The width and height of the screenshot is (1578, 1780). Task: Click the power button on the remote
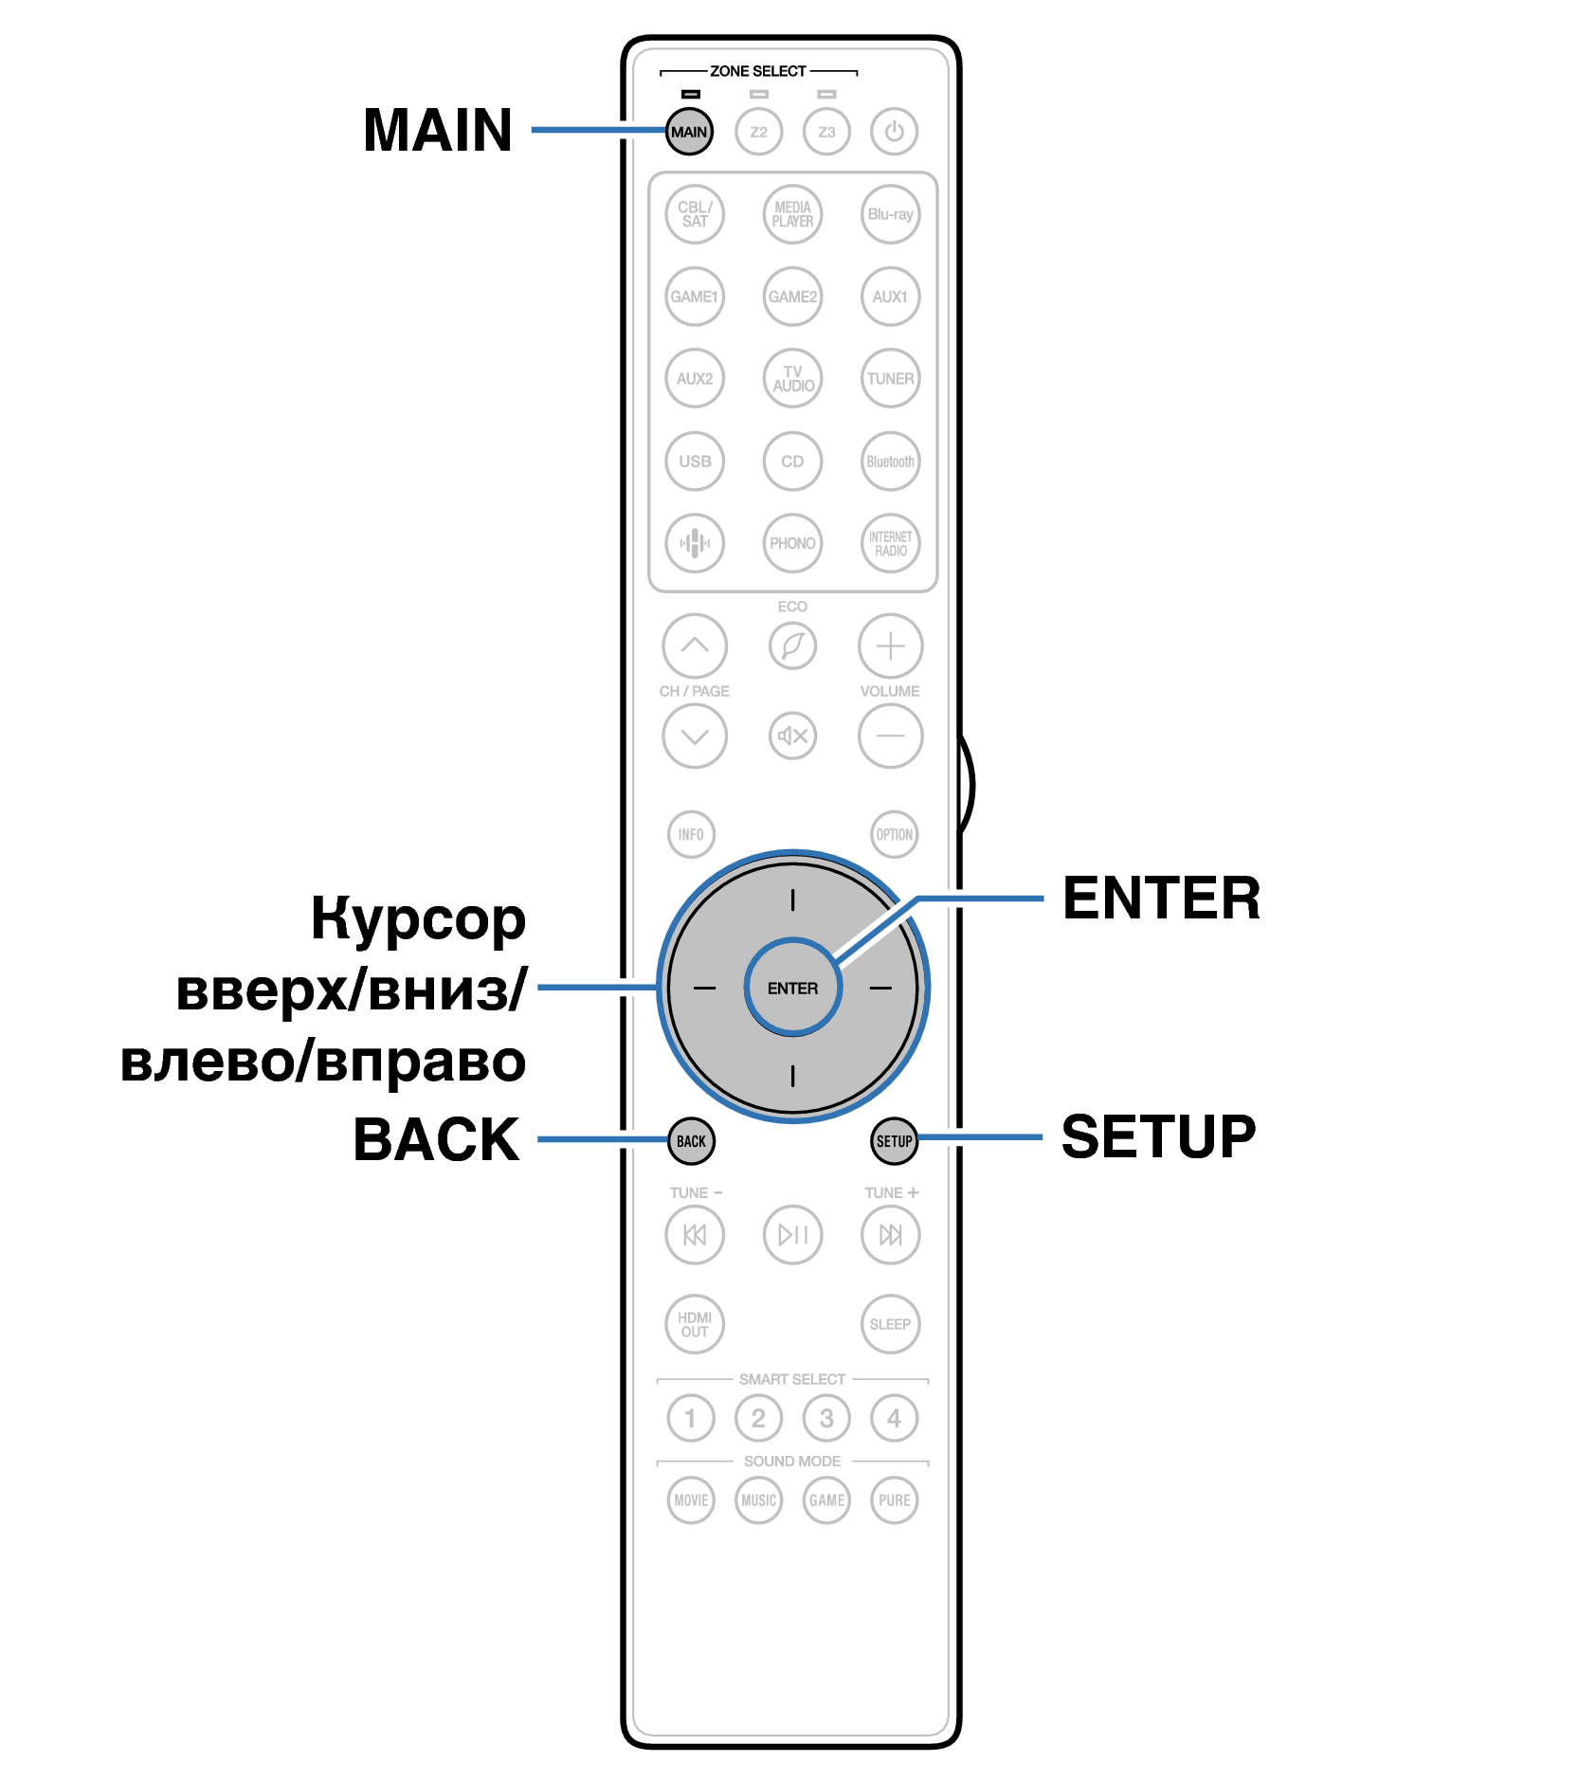[x=894, y=131]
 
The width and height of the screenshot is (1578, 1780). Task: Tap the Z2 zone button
[x=758, y=131]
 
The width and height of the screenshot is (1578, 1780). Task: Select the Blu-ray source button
[x=890, y=214]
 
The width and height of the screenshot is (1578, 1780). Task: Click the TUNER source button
[x=890, y=378]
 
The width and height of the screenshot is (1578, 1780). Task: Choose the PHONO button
[x=792, y=543]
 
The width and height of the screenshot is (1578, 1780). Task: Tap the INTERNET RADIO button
[x=890, y=543]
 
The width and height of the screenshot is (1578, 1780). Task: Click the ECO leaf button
[x=792, y=646]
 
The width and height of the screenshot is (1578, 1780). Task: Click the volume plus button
[x=890, y=646]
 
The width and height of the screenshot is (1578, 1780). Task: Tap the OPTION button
[x=894, y=834]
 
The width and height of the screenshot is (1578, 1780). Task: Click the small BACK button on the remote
[x=691, y=1141]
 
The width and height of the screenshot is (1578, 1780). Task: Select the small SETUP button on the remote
[x=894, y=1141]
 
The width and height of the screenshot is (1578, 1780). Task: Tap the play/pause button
[x=792, y=1234]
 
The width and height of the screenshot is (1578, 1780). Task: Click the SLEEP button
[x=890, y=1324]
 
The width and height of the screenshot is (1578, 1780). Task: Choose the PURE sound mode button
[x=894, y=1499]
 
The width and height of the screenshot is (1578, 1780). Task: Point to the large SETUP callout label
[x=1158, y=1136]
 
